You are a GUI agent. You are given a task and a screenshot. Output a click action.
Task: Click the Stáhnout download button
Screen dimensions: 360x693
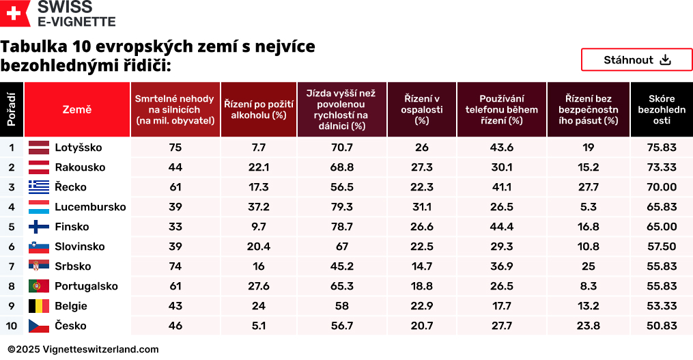(x=636, y=60)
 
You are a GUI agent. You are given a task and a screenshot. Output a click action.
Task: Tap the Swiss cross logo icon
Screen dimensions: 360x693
(x=15, y=14)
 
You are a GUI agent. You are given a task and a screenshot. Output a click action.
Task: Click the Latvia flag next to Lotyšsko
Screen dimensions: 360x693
(x=39, y=148)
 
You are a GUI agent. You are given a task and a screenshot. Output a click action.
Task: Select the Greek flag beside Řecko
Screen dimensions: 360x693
(x=39, y=187)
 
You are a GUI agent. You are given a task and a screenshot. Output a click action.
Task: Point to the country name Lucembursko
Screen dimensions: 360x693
(x=90, y=207)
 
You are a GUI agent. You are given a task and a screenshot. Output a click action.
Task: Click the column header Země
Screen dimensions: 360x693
(x=77, y=109)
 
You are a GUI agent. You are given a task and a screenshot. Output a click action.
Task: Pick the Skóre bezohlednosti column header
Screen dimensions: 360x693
(x=661, y=109)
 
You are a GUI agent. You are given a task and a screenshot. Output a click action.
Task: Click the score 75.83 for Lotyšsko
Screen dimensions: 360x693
(x=661, y=148)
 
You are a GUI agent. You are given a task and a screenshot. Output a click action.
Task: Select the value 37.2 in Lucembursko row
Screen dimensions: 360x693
(x=259, y=207)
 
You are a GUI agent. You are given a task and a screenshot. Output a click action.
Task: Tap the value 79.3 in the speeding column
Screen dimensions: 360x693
(x=341, y=207)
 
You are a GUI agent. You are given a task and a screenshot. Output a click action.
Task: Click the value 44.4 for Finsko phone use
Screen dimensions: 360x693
(x=501, y=227)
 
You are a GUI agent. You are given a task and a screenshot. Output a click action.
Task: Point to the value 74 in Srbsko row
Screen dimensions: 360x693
(x=175, y=266)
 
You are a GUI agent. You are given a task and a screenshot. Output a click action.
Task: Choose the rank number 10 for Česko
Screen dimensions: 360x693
(x=12, y=326)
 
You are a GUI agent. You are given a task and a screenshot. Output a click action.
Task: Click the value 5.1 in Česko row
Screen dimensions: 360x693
(x=259, y=326)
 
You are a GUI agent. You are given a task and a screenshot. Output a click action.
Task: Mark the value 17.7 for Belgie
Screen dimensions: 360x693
(x=501, y=306)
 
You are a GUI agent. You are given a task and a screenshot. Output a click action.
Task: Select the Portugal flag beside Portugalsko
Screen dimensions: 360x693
(x=39, y=286)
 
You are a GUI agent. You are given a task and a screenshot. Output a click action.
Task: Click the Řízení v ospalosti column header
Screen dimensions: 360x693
(x=421, y=109)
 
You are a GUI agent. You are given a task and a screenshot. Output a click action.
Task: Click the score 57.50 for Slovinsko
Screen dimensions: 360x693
(x=661, y=247)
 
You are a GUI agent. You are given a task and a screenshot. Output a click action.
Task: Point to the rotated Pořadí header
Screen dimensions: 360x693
(x=12, y=109)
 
